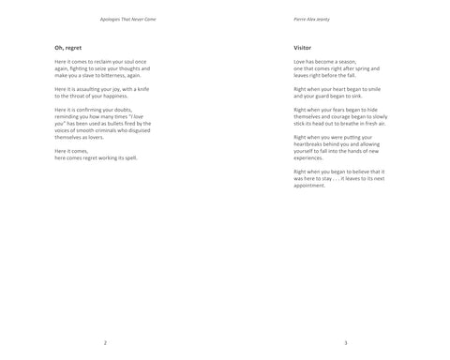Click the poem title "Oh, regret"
coord(68,45)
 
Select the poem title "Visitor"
coord(303,45)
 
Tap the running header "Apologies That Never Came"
coord(127,19)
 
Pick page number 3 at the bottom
coord(346,342)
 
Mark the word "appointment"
coord(311,184)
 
